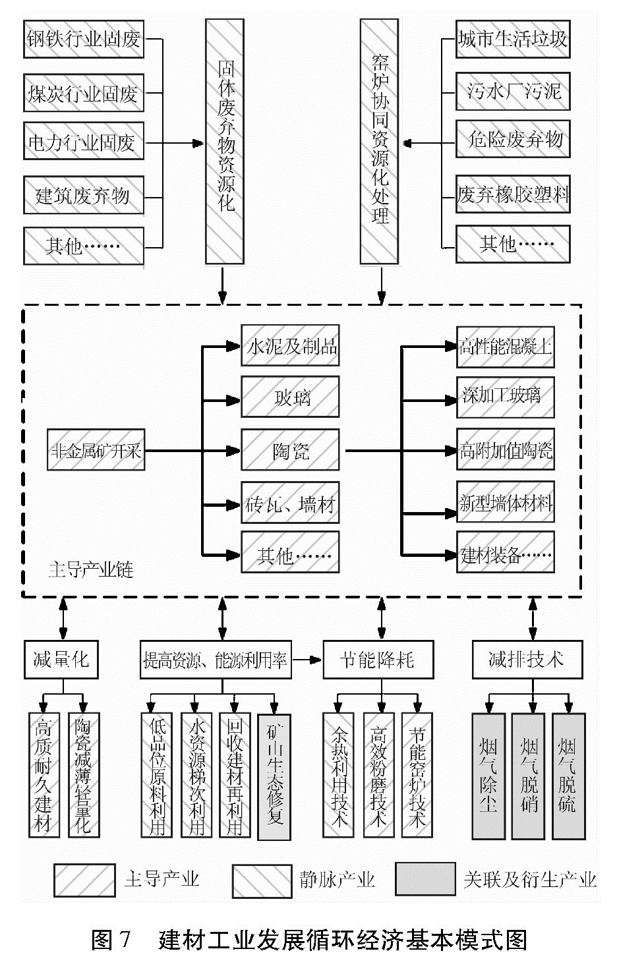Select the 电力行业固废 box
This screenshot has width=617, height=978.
[x=84, y=141]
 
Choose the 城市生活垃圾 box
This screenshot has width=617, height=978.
[x=512, y=40]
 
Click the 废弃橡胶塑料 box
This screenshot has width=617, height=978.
[x=512, y=194]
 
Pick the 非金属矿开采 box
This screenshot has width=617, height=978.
[x=96, y=451]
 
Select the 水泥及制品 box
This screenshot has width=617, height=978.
[x=290, y=345]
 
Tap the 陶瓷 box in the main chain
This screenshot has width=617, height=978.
[x=290, y=451]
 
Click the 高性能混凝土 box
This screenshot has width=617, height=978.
[x=505, y=345]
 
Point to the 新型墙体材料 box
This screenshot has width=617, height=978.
[x=505, y=503]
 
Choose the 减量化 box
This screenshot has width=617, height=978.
[x=61, y=659]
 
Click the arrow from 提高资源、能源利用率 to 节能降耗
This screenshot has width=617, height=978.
[x=306, y=659]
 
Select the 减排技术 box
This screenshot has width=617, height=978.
[x=527, y=659]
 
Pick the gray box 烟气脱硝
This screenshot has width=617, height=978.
[x=529, y=776]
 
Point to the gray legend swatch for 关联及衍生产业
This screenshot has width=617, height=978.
[x=425, y=880]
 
